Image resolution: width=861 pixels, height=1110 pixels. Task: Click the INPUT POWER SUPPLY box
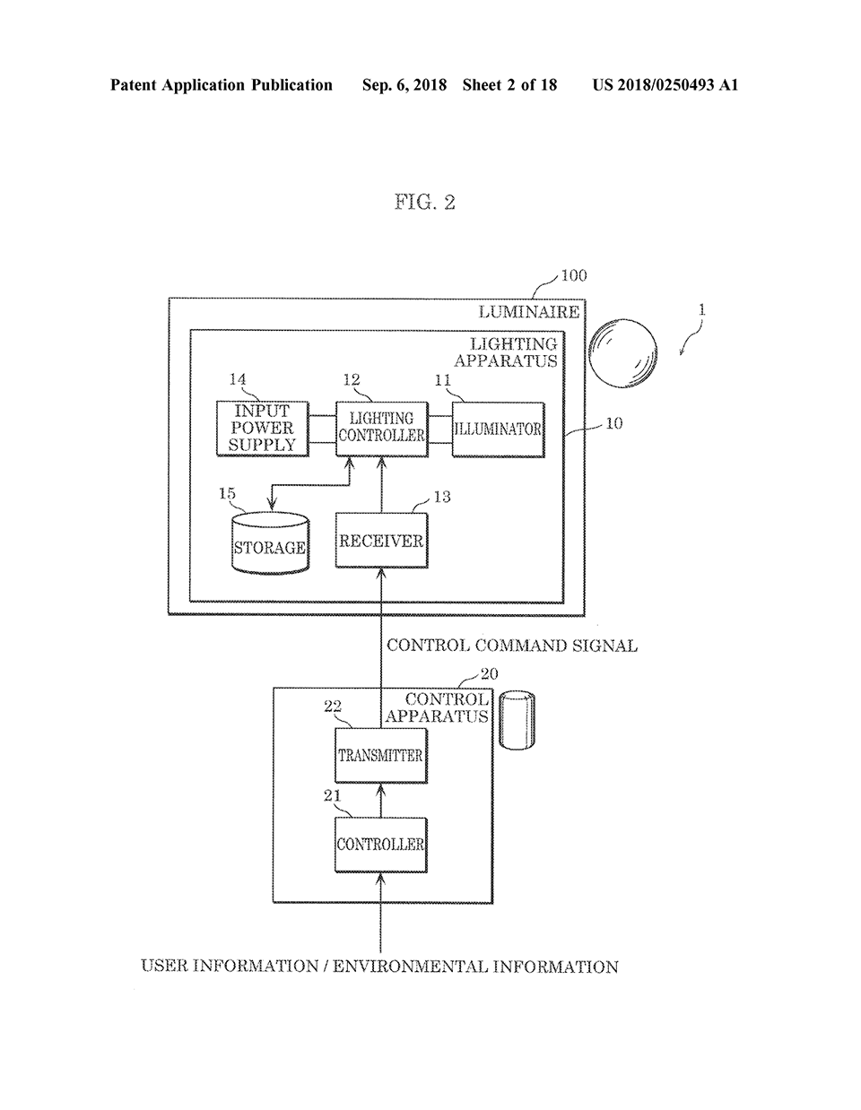click(261, 429)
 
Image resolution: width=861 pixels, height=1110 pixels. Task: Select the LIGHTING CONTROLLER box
click(381, 428)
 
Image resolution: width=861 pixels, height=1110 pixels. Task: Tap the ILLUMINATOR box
click(498, 429)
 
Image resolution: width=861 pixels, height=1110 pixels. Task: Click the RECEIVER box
click(381, 541)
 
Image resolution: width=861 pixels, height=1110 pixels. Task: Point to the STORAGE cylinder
click(269, 543)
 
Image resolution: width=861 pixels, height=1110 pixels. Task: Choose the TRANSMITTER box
click(380, 755)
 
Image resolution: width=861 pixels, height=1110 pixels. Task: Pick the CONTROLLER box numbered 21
click(380, 845)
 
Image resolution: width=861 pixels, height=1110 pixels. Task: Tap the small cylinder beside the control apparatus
click(517, 719)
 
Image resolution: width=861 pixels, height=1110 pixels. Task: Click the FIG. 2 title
click(424, 202)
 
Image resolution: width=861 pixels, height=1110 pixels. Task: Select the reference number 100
click(573, 276)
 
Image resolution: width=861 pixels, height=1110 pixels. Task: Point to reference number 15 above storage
click(227, 494)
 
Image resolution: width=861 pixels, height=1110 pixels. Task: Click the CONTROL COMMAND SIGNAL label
click(511, 646)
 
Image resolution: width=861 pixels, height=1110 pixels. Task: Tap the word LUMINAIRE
click(528, 312)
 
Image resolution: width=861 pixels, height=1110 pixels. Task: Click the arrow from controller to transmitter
click(381, 799)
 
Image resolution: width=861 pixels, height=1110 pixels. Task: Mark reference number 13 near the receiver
click(441, 497)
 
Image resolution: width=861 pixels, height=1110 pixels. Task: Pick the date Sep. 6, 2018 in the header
click(404, 85)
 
